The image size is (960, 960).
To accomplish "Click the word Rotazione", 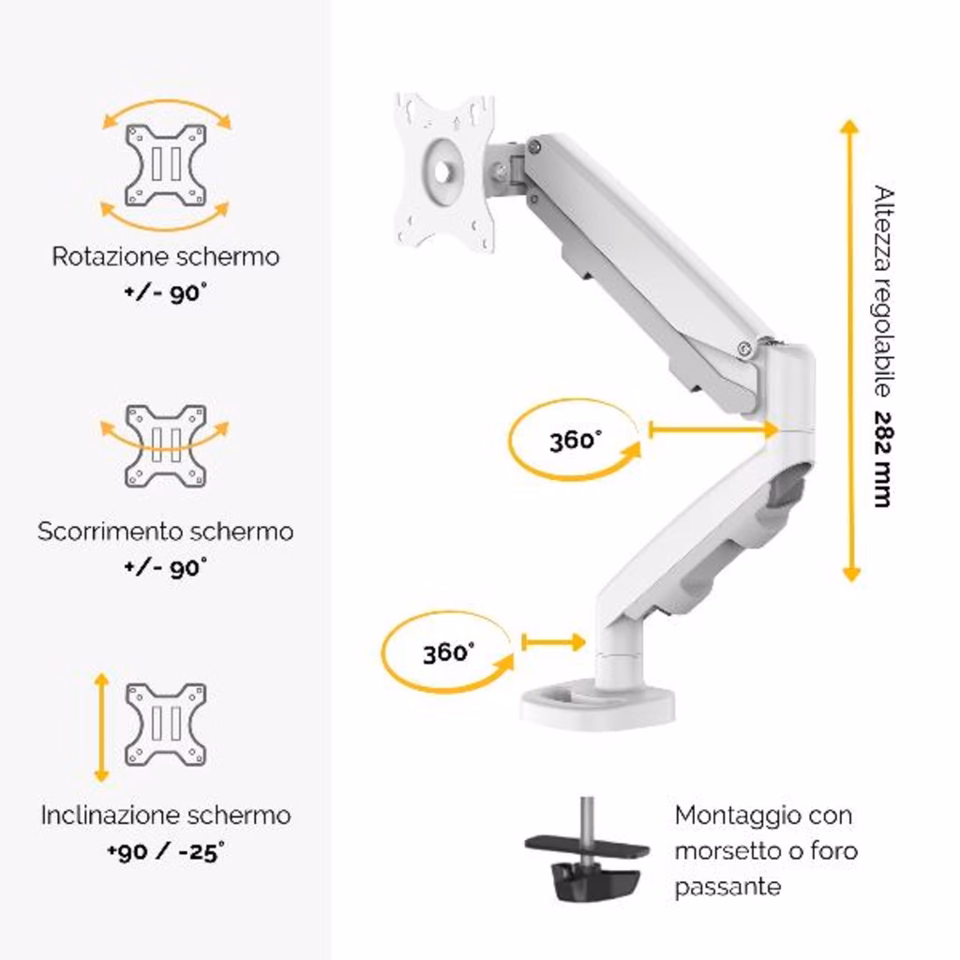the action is coord(104,257).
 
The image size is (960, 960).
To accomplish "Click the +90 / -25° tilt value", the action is coord(165,851).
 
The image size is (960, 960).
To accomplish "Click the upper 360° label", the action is coord(575,441).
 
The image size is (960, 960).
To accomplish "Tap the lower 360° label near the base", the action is coord(448,652).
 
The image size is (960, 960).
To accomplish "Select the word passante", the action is coord(727,887).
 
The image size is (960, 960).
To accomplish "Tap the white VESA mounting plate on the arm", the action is coord(445,172).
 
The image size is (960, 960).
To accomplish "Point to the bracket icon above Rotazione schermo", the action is coord(165,165).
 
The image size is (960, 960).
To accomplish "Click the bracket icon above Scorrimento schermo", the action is coord(165,445).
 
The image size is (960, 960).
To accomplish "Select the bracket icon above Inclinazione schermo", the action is coord(165,725).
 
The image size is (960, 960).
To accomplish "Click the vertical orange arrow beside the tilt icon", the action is coord(101,727).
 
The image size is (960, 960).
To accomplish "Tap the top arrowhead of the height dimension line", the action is coord(849,127).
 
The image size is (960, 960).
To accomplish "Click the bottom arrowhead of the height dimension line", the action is coord(851,575).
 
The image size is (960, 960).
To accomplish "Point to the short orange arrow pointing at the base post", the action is coord(553,642).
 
